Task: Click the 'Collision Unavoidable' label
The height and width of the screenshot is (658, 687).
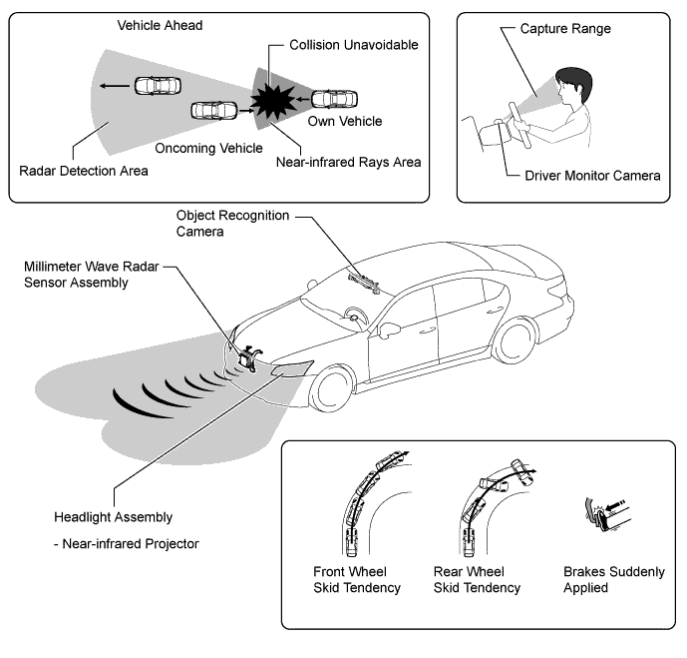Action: tap(354, 45)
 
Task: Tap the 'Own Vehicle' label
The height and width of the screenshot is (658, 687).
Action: tap(345, 121)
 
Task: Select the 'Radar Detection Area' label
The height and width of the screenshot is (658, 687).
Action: tap(84, 171)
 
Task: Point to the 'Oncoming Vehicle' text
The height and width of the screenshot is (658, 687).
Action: tap(208, 148)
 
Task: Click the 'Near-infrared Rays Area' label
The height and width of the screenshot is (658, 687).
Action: tap(348, 163)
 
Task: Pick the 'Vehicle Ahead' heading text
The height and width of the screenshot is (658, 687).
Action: tap(160, 25)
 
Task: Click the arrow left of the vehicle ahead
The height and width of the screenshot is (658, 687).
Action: tap(115, 86)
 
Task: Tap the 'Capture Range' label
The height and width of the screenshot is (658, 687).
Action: tap(565, 29)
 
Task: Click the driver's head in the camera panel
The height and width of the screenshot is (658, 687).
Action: tap(573, 86)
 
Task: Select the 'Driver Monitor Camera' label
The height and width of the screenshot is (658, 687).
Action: tap(592, 176)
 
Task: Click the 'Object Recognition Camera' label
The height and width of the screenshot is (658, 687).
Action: tap(232, 224)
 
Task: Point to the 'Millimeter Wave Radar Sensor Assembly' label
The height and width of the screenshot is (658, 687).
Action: tap(91, 275)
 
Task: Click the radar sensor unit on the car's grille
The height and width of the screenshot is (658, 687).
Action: tap(248, 356)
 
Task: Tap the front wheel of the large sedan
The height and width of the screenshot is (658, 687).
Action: tap(332, 389)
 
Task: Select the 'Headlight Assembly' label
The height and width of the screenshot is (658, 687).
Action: tap(113, 517)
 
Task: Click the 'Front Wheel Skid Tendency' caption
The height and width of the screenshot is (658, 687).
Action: tap(357, 579)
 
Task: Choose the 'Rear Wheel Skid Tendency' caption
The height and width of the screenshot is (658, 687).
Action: tap(477, 579)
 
